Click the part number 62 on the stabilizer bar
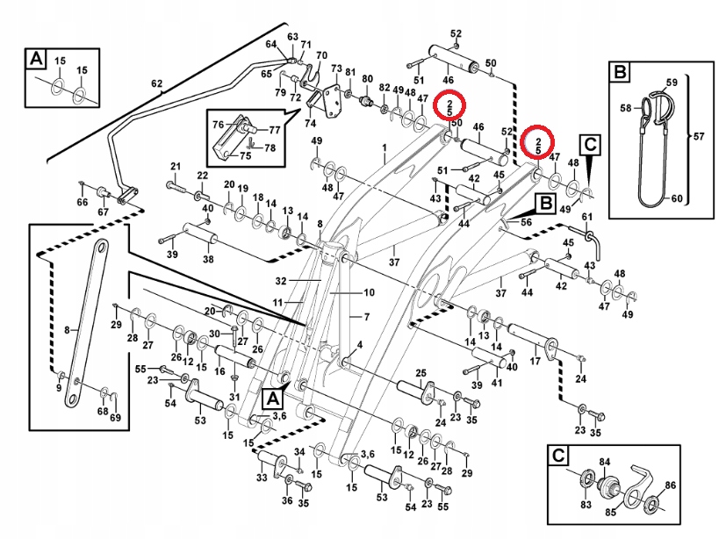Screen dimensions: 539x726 pos(156,85)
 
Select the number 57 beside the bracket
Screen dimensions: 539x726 pos(699,137)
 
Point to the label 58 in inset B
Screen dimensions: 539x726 pos(626,109)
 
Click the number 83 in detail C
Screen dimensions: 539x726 pos(585,505)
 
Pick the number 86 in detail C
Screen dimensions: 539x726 pos(671,485)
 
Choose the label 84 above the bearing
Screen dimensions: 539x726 pos(605,462)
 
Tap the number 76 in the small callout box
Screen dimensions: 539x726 pos(219,125)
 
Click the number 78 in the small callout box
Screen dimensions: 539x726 pos(270,147)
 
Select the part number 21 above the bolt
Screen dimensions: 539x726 pos(175,167)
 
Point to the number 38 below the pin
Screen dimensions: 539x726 pos(208,260)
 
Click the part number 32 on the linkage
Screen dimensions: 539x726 pos(281,282)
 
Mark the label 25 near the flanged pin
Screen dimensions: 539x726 pos(421,373)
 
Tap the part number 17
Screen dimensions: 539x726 pos(536,362)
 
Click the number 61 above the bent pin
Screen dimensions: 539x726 pos(587,216)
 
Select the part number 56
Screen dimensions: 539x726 pos(527,223)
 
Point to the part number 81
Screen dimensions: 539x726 pos(350,72)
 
